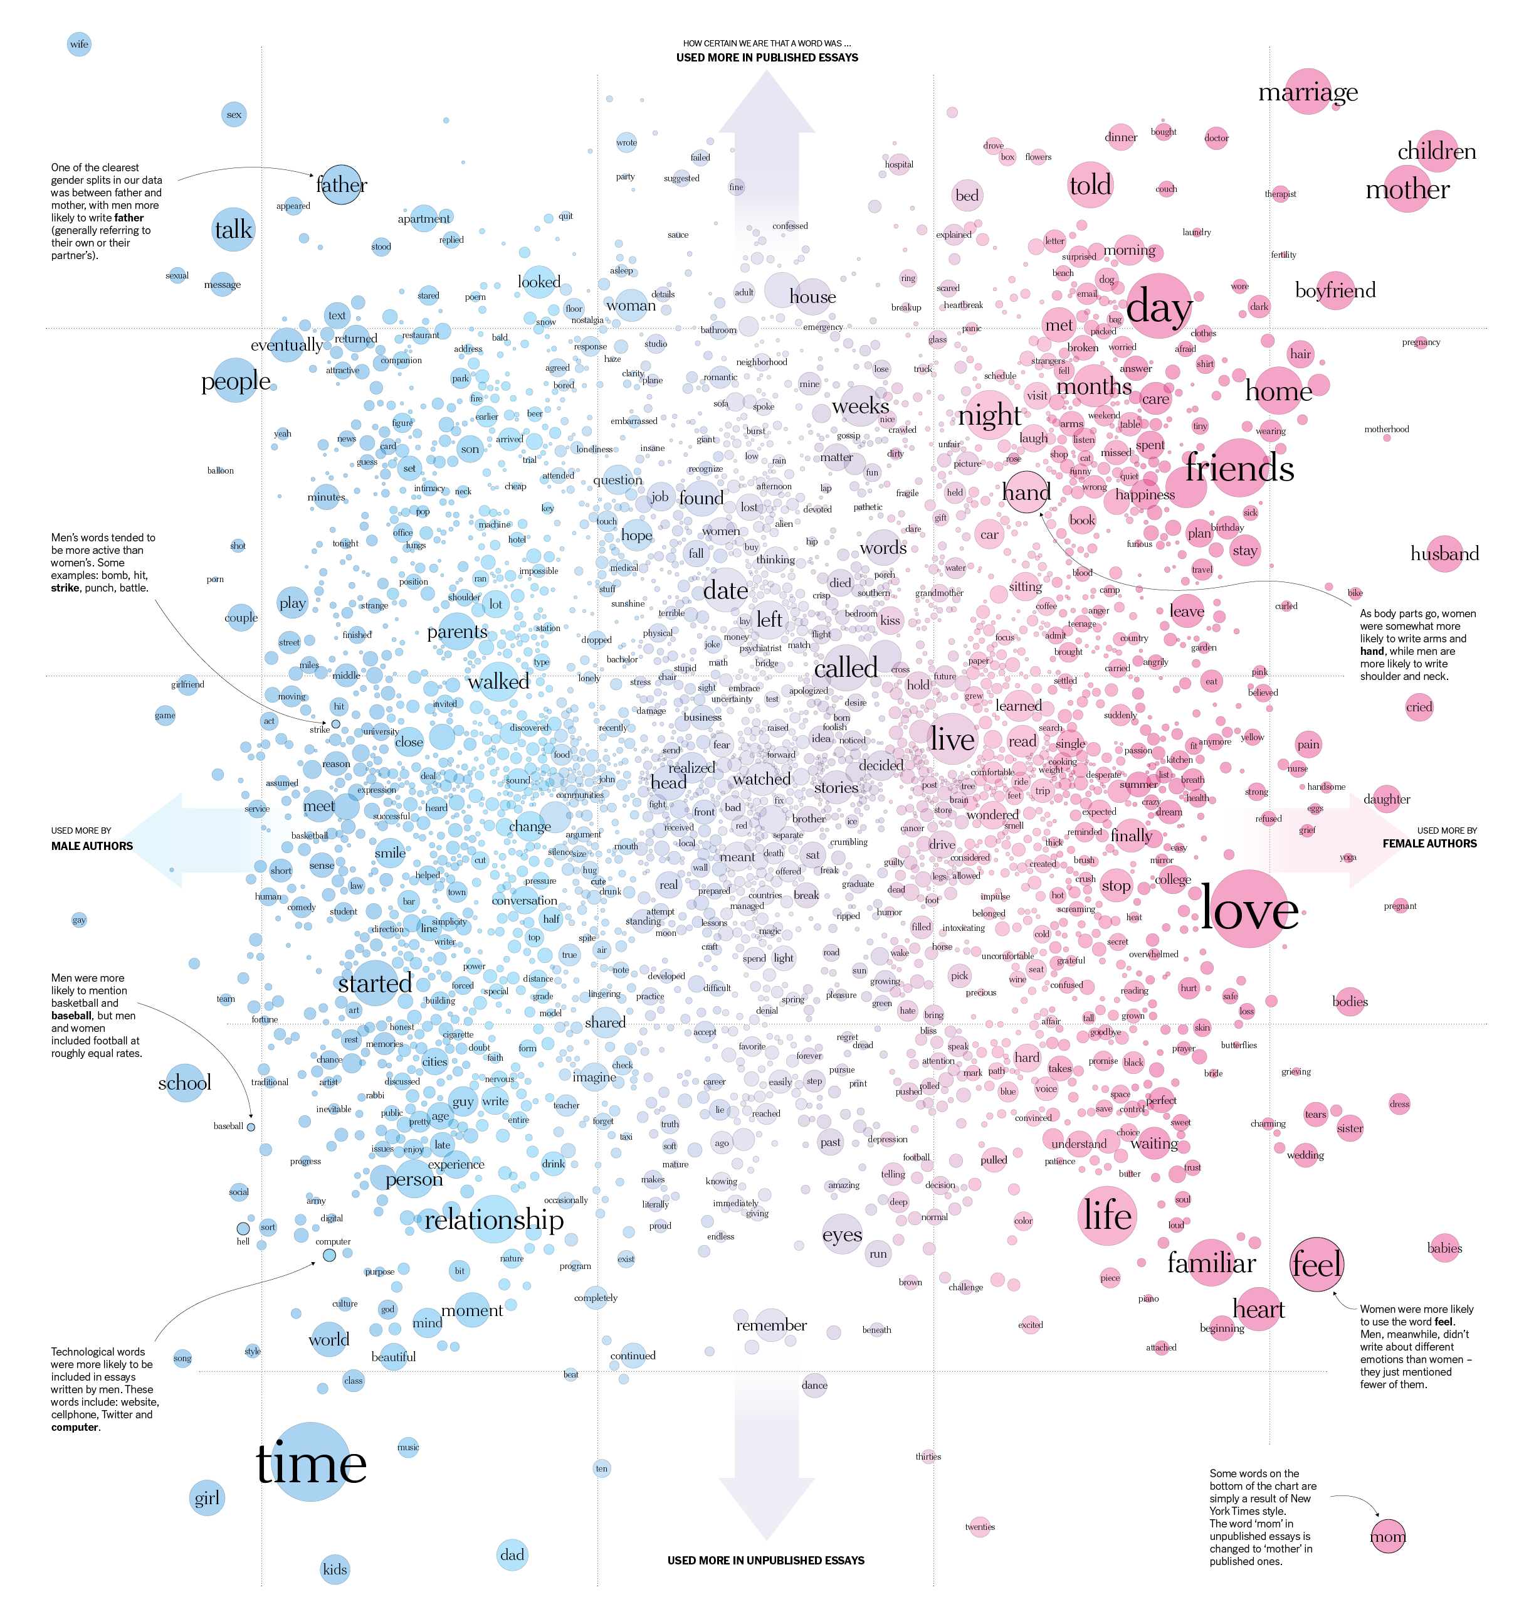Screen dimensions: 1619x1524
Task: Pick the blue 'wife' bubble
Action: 79,44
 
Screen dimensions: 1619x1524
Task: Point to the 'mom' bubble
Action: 1388,1537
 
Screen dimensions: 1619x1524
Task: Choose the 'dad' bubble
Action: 512,1554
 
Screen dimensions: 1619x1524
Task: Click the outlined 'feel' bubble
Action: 1316,1264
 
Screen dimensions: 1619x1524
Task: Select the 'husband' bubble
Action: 1444,554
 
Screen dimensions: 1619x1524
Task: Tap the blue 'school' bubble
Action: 185,1082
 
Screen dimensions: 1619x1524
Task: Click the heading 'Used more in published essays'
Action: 767,57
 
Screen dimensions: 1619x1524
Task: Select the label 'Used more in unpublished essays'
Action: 765,1561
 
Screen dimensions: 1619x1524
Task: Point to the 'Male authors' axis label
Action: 92,846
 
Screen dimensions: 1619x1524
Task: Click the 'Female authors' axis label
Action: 1429,844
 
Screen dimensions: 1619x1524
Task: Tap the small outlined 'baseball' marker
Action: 251,1127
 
